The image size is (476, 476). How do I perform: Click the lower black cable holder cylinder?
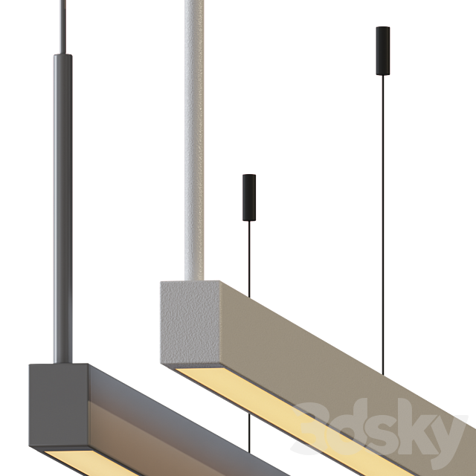[x=249, y=196]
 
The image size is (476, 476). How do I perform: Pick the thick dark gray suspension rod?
[x=62, y=193]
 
